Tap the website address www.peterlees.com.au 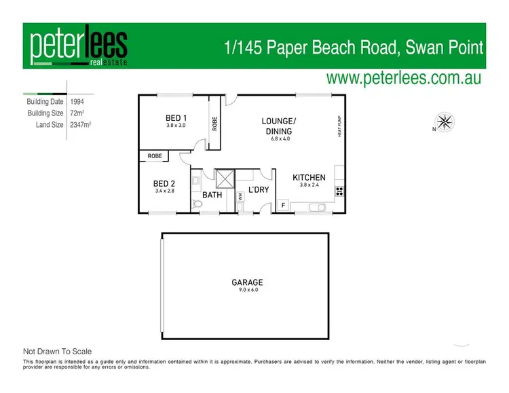404,78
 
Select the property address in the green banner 354,48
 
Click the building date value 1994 78,101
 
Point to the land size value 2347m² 81,125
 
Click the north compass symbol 446,124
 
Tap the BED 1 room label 176,118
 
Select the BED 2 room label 164,183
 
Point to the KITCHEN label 309,178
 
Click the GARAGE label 246,282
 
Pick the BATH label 212,195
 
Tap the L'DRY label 259,189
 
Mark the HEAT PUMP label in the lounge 338,126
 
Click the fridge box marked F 283,204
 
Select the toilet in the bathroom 197,203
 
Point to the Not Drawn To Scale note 57,352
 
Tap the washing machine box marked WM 240,197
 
